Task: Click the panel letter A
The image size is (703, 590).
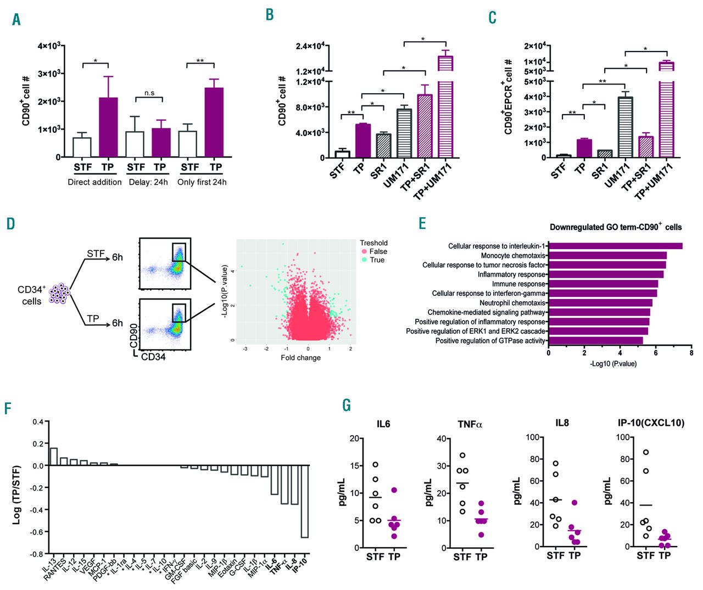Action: coord(16,20)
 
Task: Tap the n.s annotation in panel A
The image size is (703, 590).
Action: coord(149,93)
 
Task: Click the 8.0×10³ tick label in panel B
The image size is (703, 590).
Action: coord(309,107)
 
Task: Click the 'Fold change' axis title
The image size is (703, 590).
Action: coord(300,358)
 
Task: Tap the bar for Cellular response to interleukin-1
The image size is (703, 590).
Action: coord(616,246)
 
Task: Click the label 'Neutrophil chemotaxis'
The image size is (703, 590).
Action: coord(512,303)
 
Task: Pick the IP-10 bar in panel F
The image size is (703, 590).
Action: coord(304,501)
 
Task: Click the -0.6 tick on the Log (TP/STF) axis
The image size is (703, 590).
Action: coord(36,532)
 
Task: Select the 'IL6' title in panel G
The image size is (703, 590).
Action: coord(383,424)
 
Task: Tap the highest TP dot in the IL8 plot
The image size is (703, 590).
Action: coord(574,503)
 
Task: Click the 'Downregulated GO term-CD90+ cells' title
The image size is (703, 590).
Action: coord(615,227)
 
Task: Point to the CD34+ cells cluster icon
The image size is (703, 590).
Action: coord(58,294)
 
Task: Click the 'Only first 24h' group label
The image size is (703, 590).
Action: coord(202,182)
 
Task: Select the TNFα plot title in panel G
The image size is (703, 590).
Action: coord(470,424)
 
